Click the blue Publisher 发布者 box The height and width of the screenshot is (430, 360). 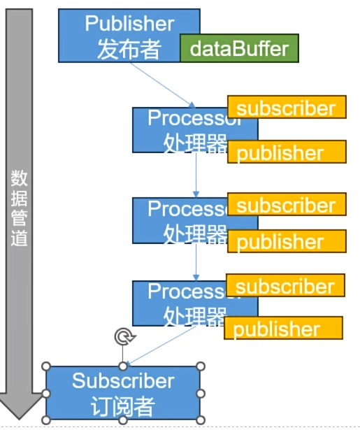(x=119, y=35)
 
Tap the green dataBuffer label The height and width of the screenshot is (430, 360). (x=239, y=48)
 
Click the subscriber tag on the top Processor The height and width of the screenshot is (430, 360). (x=287, y=108)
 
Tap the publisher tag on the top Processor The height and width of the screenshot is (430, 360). (x=287, y=153)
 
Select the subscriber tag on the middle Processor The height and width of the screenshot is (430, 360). (x=287, y=205)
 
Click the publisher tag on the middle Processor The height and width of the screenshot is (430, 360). (x=287, y=242)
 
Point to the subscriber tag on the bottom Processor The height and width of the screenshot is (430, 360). (x=285, y=286)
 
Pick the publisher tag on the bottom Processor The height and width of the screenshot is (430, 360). (x=283, y=329)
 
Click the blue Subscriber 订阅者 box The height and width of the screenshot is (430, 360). (x=123, y=393)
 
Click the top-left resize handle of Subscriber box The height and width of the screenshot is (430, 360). (x=47, y=366)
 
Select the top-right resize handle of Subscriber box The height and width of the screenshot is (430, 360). (x=201, y=366)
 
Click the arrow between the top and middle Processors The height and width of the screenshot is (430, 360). (x=196, y=175)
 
